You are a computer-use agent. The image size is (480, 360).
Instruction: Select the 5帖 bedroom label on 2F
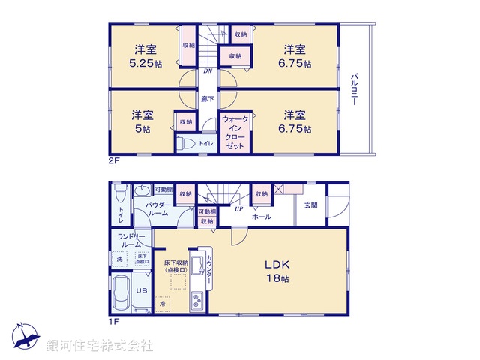[x=142, y=128]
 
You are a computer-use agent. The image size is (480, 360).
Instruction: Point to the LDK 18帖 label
[x=276, y=271]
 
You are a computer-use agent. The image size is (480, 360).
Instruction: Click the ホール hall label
[x=262, y=216]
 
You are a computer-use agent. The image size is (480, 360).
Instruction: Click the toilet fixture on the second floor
[x=189, y=143]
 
